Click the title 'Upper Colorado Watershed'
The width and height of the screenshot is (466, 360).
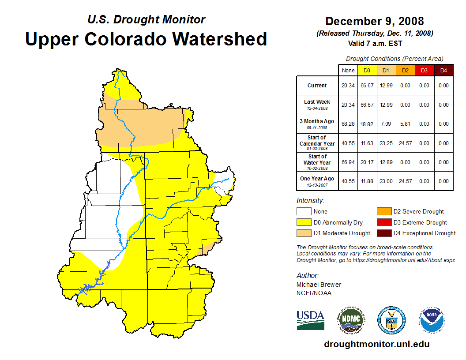pos(146,39)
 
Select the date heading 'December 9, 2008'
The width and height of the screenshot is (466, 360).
pos(374,21)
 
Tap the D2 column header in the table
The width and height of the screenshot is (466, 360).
pos(405,71)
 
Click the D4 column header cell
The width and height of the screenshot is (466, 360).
pos(443,71)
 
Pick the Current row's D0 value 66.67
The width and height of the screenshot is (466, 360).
pos(367,86)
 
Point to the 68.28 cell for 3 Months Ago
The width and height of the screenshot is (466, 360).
pos(348,124)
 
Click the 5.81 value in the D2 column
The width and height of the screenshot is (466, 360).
pos(405,124)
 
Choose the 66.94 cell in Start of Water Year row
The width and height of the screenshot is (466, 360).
pos(348,162)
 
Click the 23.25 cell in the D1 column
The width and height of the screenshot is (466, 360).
pos(385,143)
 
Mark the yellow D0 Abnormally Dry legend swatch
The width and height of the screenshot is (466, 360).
pos(304,223)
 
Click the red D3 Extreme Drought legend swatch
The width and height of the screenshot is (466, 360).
pos(383,223)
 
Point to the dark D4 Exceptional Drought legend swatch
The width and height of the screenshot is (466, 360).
pos(383,233)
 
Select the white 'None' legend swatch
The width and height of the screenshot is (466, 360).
pos(304,212)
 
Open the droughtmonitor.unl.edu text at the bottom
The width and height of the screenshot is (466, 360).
pos(376,344)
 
